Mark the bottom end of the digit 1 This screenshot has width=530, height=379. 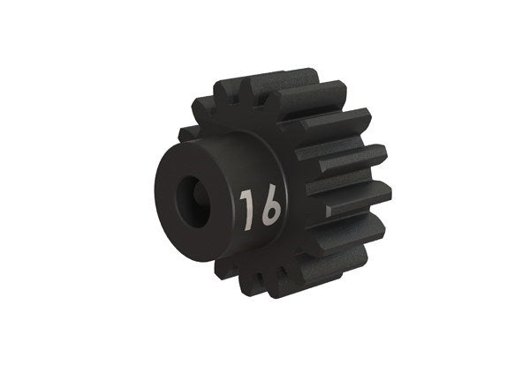click(246, 224)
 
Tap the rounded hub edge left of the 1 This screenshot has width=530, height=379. click(226, 212)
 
